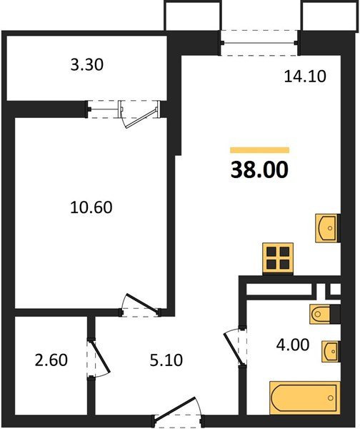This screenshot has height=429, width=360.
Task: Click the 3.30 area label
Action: coord(88,66)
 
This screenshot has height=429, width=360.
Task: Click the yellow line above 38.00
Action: coord(259,150)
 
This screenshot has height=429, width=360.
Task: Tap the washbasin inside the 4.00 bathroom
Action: coord(329,351)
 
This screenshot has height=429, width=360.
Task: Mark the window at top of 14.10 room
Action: coord(259,39)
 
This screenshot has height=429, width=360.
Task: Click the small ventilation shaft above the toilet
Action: coord(332,291)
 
